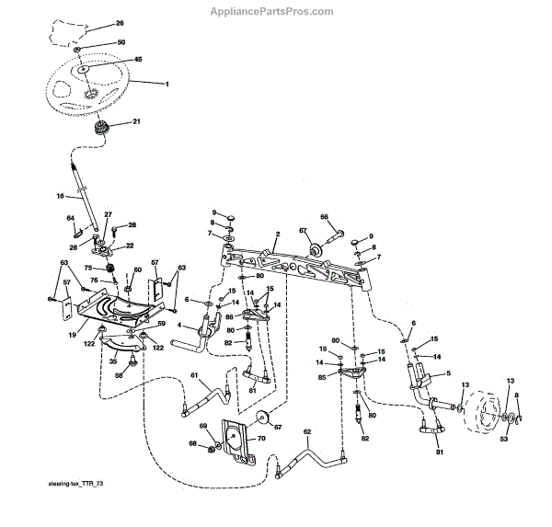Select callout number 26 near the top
(119, 22)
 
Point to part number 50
(121, 43)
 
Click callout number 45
(138, 60)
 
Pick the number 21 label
(137, 122)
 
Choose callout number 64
(70, 218)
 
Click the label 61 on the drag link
(194, 374)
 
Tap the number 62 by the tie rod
(308, 431)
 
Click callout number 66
(324, 217)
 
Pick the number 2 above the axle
(277, 236)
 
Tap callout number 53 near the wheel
(502, 440)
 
